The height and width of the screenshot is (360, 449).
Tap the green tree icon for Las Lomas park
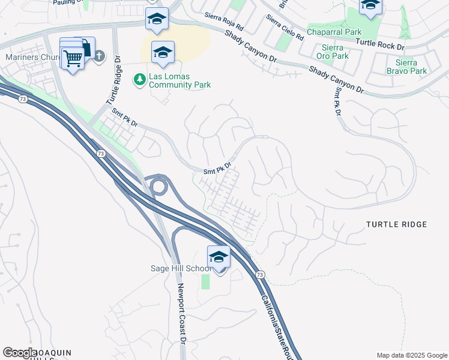tap(140, 79)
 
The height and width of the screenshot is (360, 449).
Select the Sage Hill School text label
tap(181, 268)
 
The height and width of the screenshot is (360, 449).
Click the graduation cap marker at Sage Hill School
tap(219, 257)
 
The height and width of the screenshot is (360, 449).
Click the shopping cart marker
tap(73, 59)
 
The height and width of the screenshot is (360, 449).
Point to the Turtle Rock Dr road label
tap(380, 43)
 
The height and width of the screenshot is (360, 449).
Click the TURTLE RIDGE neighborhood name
tap(397, 224)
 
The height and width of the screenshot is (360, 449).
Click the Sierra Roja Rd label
tap(223, 23)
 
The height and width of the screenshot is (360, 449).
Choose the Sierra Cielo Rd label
tap(285, 28)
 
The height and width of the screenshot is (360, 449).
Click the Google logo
tap(20, 353)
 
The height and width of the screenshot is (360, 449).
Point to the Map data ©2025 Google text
tap(411, 355)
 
